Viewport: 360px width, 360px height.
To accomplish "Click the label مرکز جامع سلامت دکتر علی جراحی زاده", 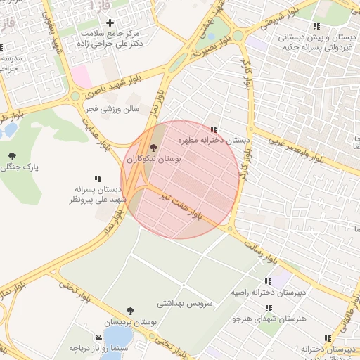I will click(110, 39).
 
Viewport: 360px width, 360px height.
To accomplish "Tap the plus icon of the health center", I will click(110, 23).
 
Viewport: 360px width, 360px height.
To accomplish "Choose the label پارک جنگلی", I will click(20, 168).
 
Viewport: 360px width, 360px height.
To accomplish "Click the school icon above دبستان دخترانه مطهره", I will click(214, 129).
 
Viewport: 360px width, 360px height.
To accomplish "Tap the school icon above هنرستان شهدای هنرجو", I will click(268, 308).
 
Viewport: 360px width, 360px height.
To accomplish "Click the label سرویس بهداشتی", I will click(186, 303).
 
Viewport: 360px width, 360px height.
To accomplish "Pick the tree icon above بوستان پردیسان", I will click(130, 310).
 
